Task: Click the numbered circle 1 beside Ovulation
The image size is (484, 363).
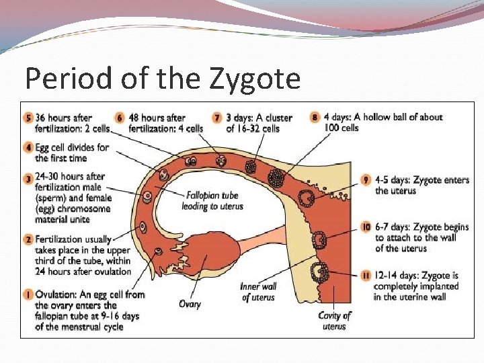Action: point(28,294)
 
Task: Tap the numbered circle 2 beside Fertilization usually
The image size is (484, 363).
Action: point(28,239)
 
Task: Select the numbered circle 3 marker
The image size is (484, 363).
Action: point(28,179)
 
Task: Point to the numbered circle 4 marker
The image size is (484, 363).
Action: point(28,147)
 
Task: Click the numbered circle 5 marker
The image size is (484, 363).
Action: point(28,118)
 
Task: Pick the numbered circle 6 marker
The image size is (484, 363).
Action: point(120,118)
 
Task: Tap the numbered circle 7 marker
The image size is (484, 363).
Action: point(218,118)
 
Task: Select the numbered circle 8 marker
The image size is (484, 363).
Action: point(315,117)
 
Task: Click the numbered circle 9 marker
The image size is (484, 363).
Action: point(366,180)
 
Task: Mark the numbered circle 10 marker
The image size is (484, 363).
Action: point(366,227)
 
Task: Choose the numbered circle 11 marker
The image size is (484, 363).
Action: point(366,276)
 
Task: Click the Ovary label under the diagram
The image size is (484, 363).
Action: point(190,304)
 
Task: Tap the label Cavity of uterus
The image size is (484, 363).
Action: point(334,321)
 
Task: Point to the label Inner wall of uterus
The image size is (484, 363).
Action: point(258,292)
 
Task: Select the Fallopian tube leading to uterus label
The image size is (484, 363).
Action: point(210,201)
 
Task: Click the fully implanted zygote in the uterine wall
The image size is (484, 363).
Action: point(318,273)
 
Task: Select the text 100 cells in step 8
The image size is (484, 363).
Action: point(341,128)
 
